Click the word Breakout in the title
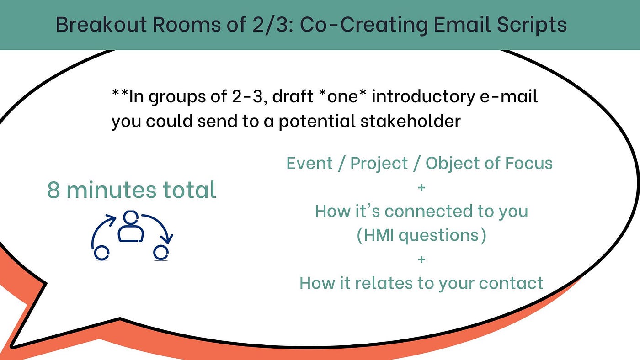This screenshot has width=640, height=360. click(x=101, y=24)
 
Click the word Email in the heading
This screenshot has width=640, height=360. click(x=463, y=24)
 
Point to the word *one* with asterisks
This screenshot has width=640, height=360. click(x=342, y=96)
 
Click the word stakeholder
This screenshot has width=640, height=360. click(x=411, y=121)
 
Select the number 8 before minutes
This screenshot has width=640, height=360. click(x=53, y=190)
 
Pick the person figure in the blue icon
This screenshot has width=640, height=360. click(x=131, y=227)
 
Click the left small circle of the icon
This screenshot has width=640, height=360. click(x=101, y=253)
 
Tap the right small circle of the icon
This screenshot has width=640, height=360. click(x=161, y=253)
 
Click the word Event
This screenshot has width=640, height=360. click(x=309, y=163)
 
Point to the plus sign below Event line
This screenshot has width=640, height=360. click(x=421, y=188)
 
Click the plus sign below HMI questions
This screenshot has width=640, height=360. click(x=421, y=259)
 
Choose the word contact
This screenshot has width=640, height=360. click(x=511, y=283)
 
